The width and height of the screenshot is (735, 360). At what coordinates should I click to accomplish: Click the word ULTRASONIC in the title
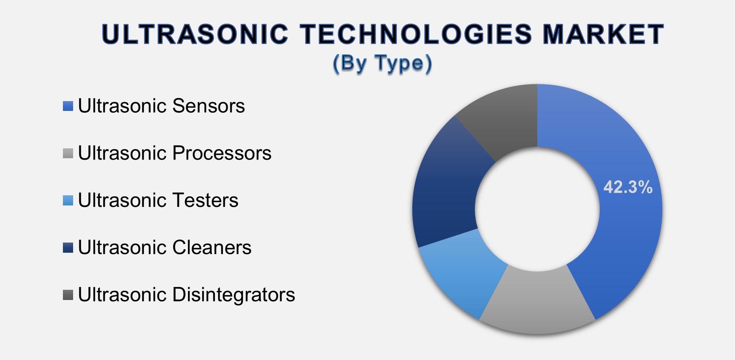(195, 35)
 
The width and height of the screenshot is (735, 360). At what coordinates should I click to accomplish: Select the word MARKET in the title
(603, 35)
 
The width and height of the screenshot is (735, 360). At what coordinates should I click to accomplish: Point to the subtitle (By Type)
(383, 63)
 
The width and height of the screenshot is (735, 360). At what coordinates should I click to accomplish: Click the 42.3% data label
(628, 187)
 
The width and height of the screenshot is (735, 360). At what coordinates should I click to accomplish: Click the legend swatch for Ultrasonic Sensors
(68, 106)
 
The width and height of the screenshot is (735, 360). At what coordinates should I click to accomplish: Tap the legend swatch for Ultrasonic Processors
(68, 153)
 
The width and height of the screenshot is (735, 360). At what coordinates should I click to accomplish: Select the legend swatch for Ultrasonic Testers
(68, 201)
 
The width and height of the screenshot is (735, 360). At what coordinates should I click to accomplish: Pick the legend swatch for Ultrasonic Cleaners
(68, 248)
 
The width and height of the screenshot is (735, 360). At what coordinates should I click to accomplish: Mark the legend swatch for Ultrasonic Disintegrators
(68, 295)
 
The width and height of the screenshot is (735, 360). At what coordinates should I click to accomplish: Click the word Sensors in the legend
(208, 106)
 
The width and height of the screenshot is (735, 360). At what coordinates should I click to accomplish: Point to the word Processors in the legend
(222, 153)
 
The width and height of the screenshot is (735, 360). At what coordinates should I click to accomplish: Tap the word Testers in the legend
(205, 201)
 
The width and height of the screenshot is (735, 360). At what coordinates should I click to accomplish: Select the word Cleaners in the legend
(212, 248)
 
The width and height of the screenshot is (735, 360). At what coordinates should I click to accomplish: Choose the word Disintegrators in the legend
(233, 295)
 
